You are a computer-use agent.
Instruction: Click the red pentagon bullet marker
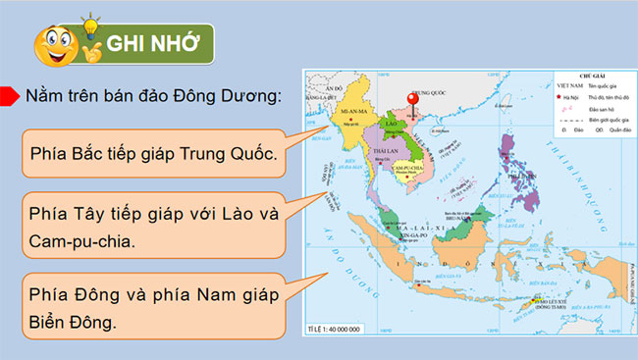9,95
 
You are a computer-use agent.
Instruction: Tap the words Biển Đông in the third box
73,320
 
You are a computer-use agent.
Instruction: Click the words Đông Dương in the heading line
233,96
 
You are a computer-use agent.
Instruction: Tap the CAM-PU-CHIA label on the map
407,168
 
